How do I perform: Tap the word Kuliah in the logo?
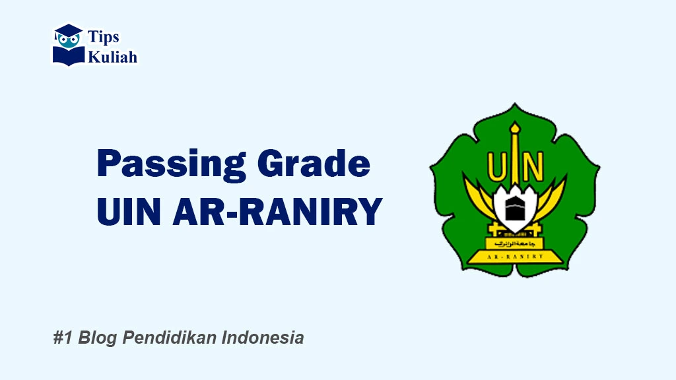(113, 57)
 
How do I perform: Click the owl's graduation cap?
(68, 30)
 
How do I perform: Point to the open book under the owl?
(69, 55)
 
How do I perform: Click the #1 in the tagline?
(63, 338)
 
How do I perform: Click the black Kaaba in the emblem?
(515, 209)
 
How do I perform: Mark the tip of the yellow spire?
(515, 123)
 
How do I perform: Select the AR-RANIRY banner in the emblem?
(515, 256)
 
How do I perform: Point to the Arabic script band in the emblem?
(515, 243)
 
